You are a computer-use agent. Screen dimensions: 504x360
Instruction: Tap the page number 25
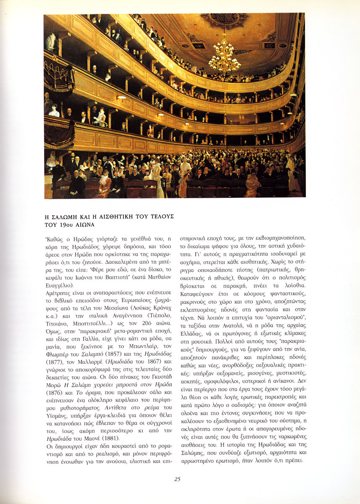[178, 479]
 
